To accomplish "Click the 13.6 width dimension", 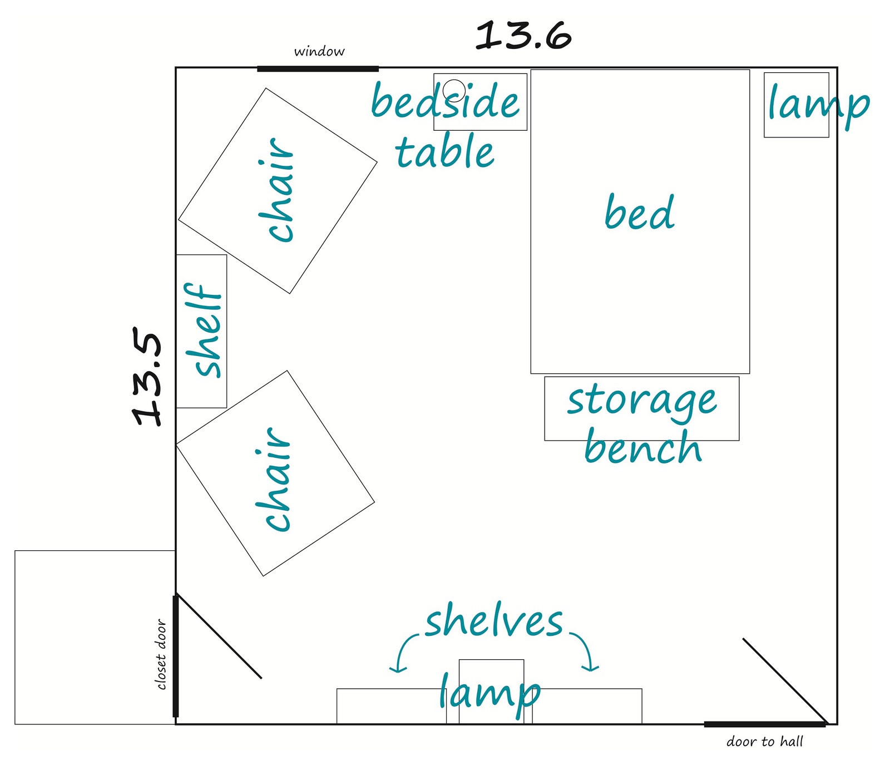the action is click(524, 36).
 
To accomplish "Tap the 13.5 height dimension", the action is click(147, 379).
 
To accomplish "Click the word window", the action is click(319, 52).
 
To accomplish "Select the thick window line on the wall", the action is click(318, 69).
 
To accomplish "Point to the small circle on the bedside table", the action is click(454, 90).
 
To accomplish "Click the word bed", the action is click(640, 212).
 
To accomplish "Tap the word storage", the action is click(642, 401).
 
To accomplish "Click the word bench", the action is click(643, 446).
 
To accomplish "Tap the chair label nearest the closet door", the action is click(273, 479).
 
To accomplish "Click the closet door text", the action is click(161, 654).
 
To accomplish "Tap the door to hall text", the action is click(765, 742).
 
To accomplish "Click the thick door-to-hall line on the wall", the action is click(765, 724).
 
